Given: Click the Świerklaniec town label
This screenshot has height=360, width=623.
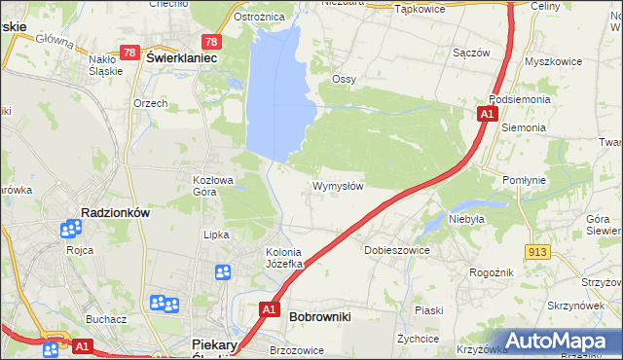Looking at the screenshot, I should tap(181, 57).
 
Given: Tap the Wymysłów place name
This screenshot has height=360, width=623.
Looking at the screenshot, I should tap(338, 186).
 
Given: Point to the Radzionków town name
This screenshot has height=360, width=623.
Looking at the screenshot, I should tap(114, 213).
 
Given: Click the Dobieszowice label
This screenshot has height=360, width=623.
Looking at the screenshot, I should tap(396, 250).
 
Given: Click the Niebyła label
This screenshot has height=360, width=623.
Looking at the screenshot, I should tap(466, 219).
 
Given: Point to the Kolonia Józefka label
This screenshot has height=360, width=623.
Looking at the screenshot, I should tap(286, 258).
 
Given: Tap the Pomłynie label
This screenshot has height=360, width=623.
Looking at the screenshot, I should tap(529, 180).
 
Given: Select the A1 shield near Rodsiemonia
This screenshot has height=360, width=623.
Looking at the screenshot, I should tap(486, 115).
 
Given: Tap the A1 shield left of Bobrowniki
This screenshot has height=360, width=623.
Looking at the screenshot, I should tap(269, 310).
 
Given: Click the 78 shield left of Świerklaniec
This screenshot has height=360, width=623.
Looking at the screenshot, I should tap(130, 52).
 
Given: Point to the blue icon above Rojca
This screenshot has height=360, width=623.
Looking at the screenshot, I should tap(70, 230).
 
